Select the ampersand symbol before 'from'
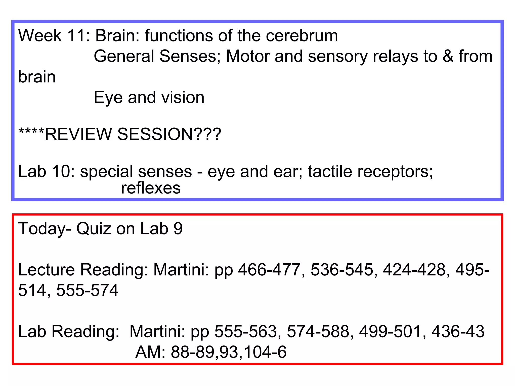pos(448,56)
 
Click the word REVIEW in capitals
pos(78,134)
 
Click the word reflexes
pos(151,188)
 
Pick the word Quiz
pos(94,229)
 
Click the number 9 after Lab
pos(178,229)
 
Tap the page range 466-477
pos(269,270)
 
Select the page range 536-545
pos(342,270)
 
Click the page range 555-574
pos(87,291)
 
